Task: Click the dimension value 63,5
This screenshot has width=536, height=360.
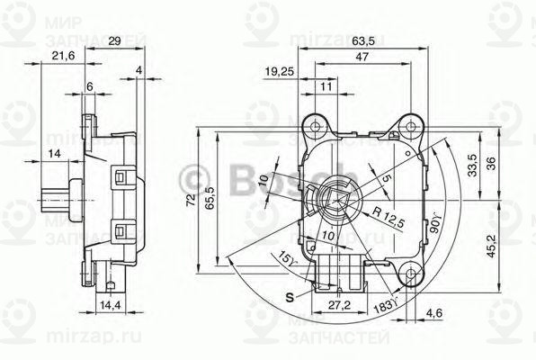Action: point(364,40)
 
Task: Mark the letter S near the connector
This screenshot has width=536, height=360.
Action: point(288,296)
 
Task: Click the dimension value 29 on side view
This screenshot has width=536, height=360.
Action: point(114,41)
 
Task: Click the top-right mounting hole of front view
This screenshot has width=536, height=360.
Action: point(411,123)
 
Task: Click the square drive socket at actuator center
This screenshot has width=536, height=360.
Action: point(336,200)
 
